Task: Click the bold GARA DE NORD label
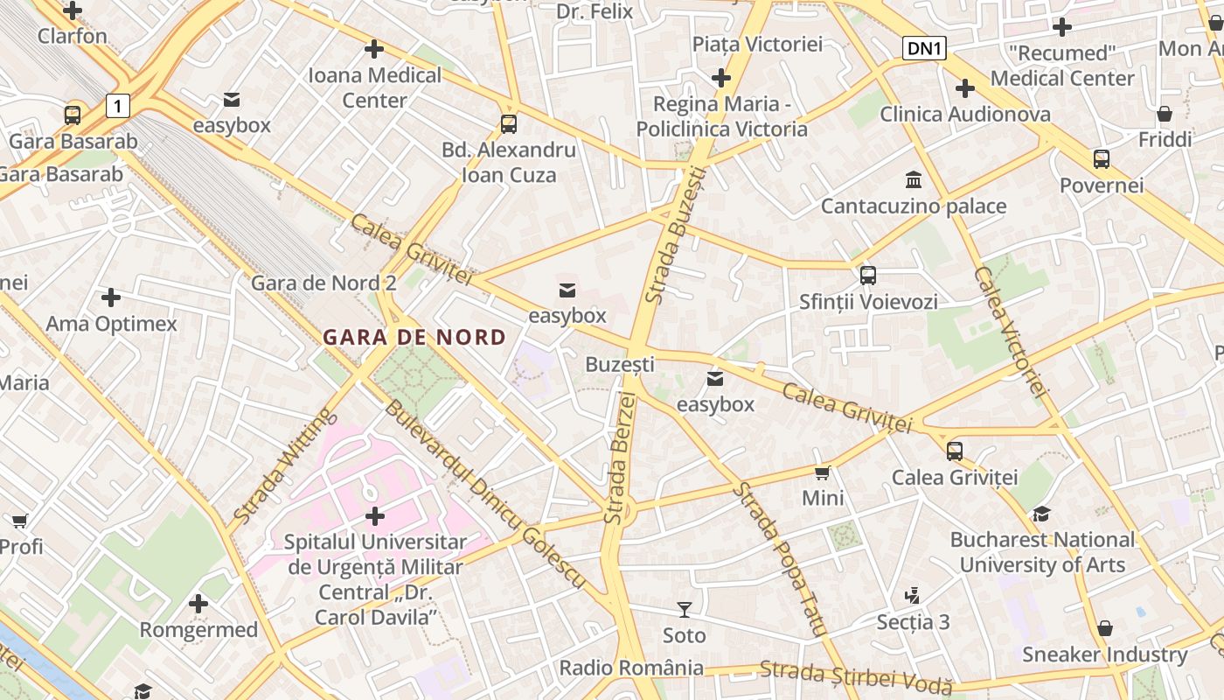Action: (x=414, y=337)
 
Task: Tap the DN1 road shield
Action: (x=924, y=48)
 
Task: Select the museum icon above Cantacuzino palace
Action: (x=914, y=179)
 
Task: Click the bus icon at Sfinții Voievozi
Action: (x=867, y=275)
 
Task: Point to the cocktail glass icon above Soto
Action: (x=684, y=609)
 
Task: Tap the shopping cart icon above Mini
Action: (x=822, y=472)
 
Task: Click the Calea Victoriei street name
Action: (x=1010, y=332)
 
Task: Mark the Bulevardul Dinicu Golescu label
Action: (x=483, y=494)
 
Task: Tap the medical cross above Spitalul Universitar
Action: (x=375, y=516)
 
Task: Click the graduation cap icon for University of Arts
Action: (x=1041, y=514)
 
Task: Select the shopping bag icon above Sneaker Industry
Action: (x=1105, y=628)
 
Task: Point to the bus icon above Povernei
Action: (x=1102, y=159)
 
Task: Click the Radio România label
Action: (x=631, y=668)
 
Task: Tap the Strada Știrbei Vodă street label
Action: (x=855, y=677)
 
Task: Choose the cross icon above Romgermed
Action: (x=198, y=603)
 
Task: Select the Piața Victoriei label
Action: (x=757, y=44)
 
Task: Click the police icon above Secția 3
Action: (x=912, y=596)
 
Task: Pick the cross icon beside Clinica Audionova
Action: (x=965, y=88)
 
